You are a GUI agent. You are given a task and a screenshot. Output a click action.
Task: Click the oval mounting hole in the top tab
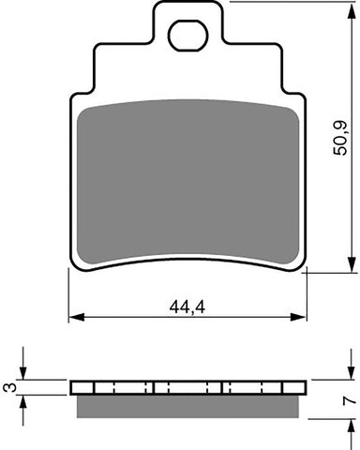(x=185, y=37)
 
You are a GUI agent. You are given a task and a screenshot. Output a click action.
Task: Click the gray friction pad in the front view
(x=188, y=178)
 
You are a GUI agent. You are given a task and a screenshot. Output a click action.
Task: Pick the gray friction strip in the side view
(x=188, y=405)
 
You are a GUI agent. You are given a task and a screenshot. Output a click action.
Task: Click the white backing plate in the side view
(x=188, y=387)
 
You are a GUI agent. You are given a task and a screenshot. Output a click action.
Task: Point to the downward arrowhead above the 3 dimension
(x=25, y=375)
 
